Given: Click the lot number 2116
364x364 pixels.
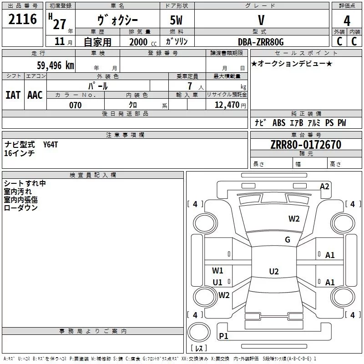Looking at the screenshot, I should (23, 20).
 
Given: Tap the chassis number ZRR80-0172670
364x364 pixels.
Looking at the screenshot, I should (306, 145).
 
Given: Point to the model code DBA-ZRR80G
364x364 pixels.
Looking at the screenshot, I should (261, 42).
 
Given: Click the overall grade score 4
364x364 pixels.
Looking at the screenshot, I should (347, 21).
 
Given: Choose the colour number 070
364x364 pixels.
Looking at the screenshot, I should (75, 105).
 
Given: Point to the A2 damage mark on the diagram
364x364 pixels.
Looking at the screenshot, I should (324, 187).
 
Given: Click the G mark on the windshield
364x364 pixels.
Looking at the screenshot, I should (288, 240).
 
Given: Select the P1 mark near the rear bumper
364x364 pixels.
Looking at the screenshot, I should (224, 336).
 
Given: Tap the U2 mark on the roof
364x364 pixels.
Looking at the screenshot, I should (273, 272).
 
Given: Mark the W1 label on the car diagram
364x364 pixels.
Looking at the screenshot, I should (217, 271).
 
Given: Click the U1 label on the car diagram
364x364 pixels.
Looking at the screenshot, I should (217, 282).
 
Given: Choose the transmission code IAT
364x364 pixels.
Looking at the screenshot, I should (13, 95).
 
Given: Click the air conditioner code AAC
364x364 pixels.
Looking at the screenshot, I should (35, 95).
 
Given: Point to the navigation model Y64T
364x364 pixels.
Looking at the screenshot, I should (51, 144).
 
